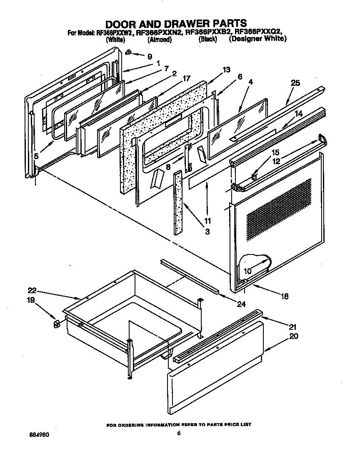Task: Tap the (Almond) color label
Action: click(159, 40)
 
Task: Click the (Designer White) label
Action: click(257, 39)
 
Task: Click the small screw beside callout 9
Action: click(128, 52)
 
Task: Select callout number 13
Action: click(226, 70)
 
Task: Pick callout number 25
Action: click(295, 83)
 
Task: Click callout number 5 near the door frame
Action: click(37, 157)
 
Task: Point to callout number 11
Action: click(207, 220)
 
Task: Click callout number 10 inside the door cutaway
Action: click(247, 271)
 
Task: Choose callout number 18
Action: click(285, 297)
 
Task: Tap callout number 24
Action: click(241, 304)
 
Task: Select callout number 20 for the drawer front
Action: click(294, 336)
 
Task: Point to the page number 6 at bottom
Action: click(178, 433)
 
